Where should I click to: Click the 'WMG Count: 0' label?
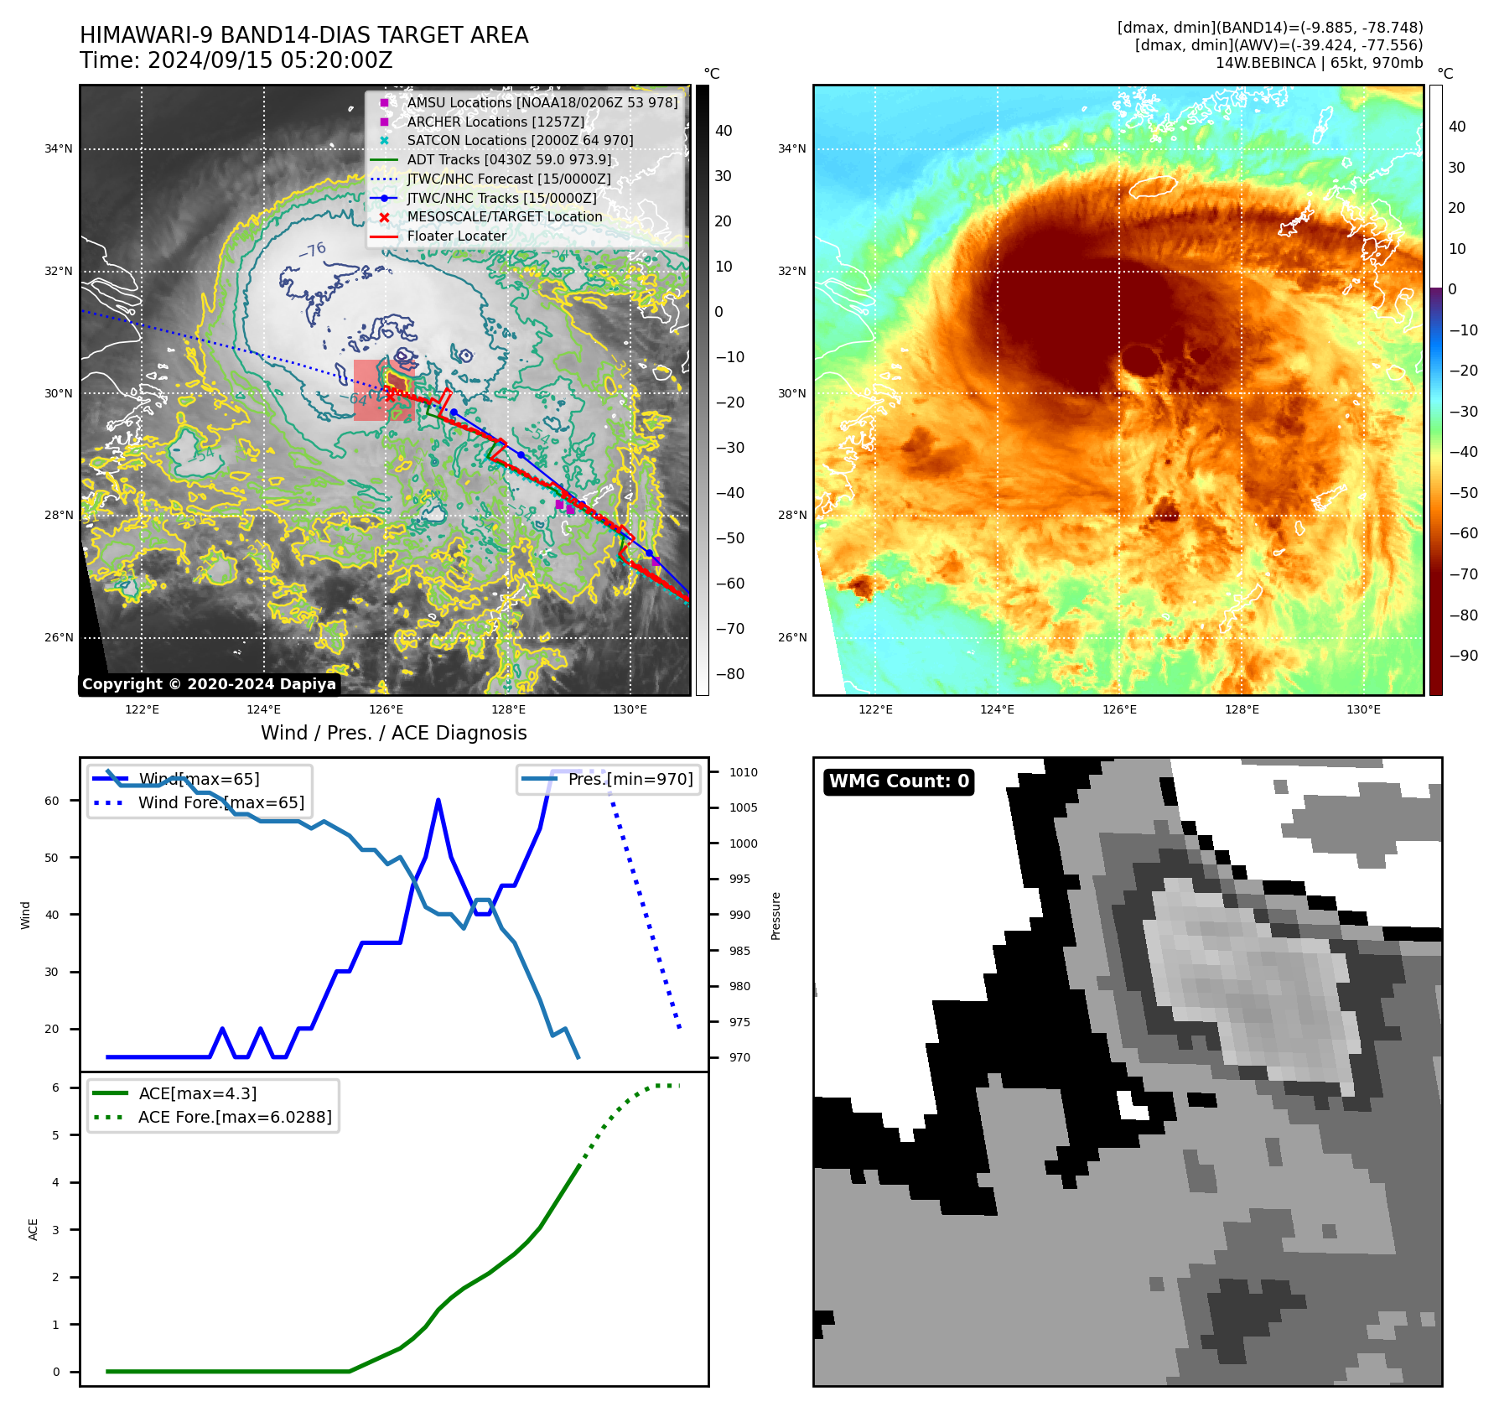[x=898, y=781]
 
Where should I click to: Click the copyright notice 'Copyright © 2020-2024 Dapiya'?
[x=209, y=684]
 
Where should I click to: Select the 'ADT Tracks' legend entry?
[x=509, y=159]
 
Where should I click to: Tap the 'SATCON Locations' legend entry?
[x=520, y=140]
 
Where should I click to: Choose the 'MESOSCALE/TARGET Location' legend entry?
[x=504, y=216]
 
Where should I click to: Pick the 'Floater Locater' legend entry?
[x=456, y=236]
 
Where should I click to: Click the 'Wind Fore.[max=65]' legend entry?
[x=221, y=802]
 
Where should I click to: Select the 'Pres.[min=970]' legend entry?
[x=630, y=779]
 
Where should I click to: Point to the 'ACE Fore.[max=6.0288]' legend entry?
[x=235, y=1117]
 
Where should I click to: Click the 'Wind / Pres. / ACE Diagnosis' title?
[x=393, y=733]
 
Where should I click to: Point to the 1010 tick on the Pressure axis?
[x=743, y=772]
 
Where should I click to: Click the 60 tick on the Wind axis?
[x=52, y=801]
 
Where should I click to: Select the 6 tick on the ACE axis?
[x=55, y=1087]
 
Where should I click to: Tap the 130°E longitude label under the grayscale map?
[x=630, y=709]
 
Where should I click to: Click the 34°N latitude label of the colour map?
[x=791, y=149]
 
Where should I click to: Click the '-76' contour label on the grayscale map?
[x=313, y=250]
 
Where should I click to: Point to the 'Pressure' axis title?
[x=775, y=916]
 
